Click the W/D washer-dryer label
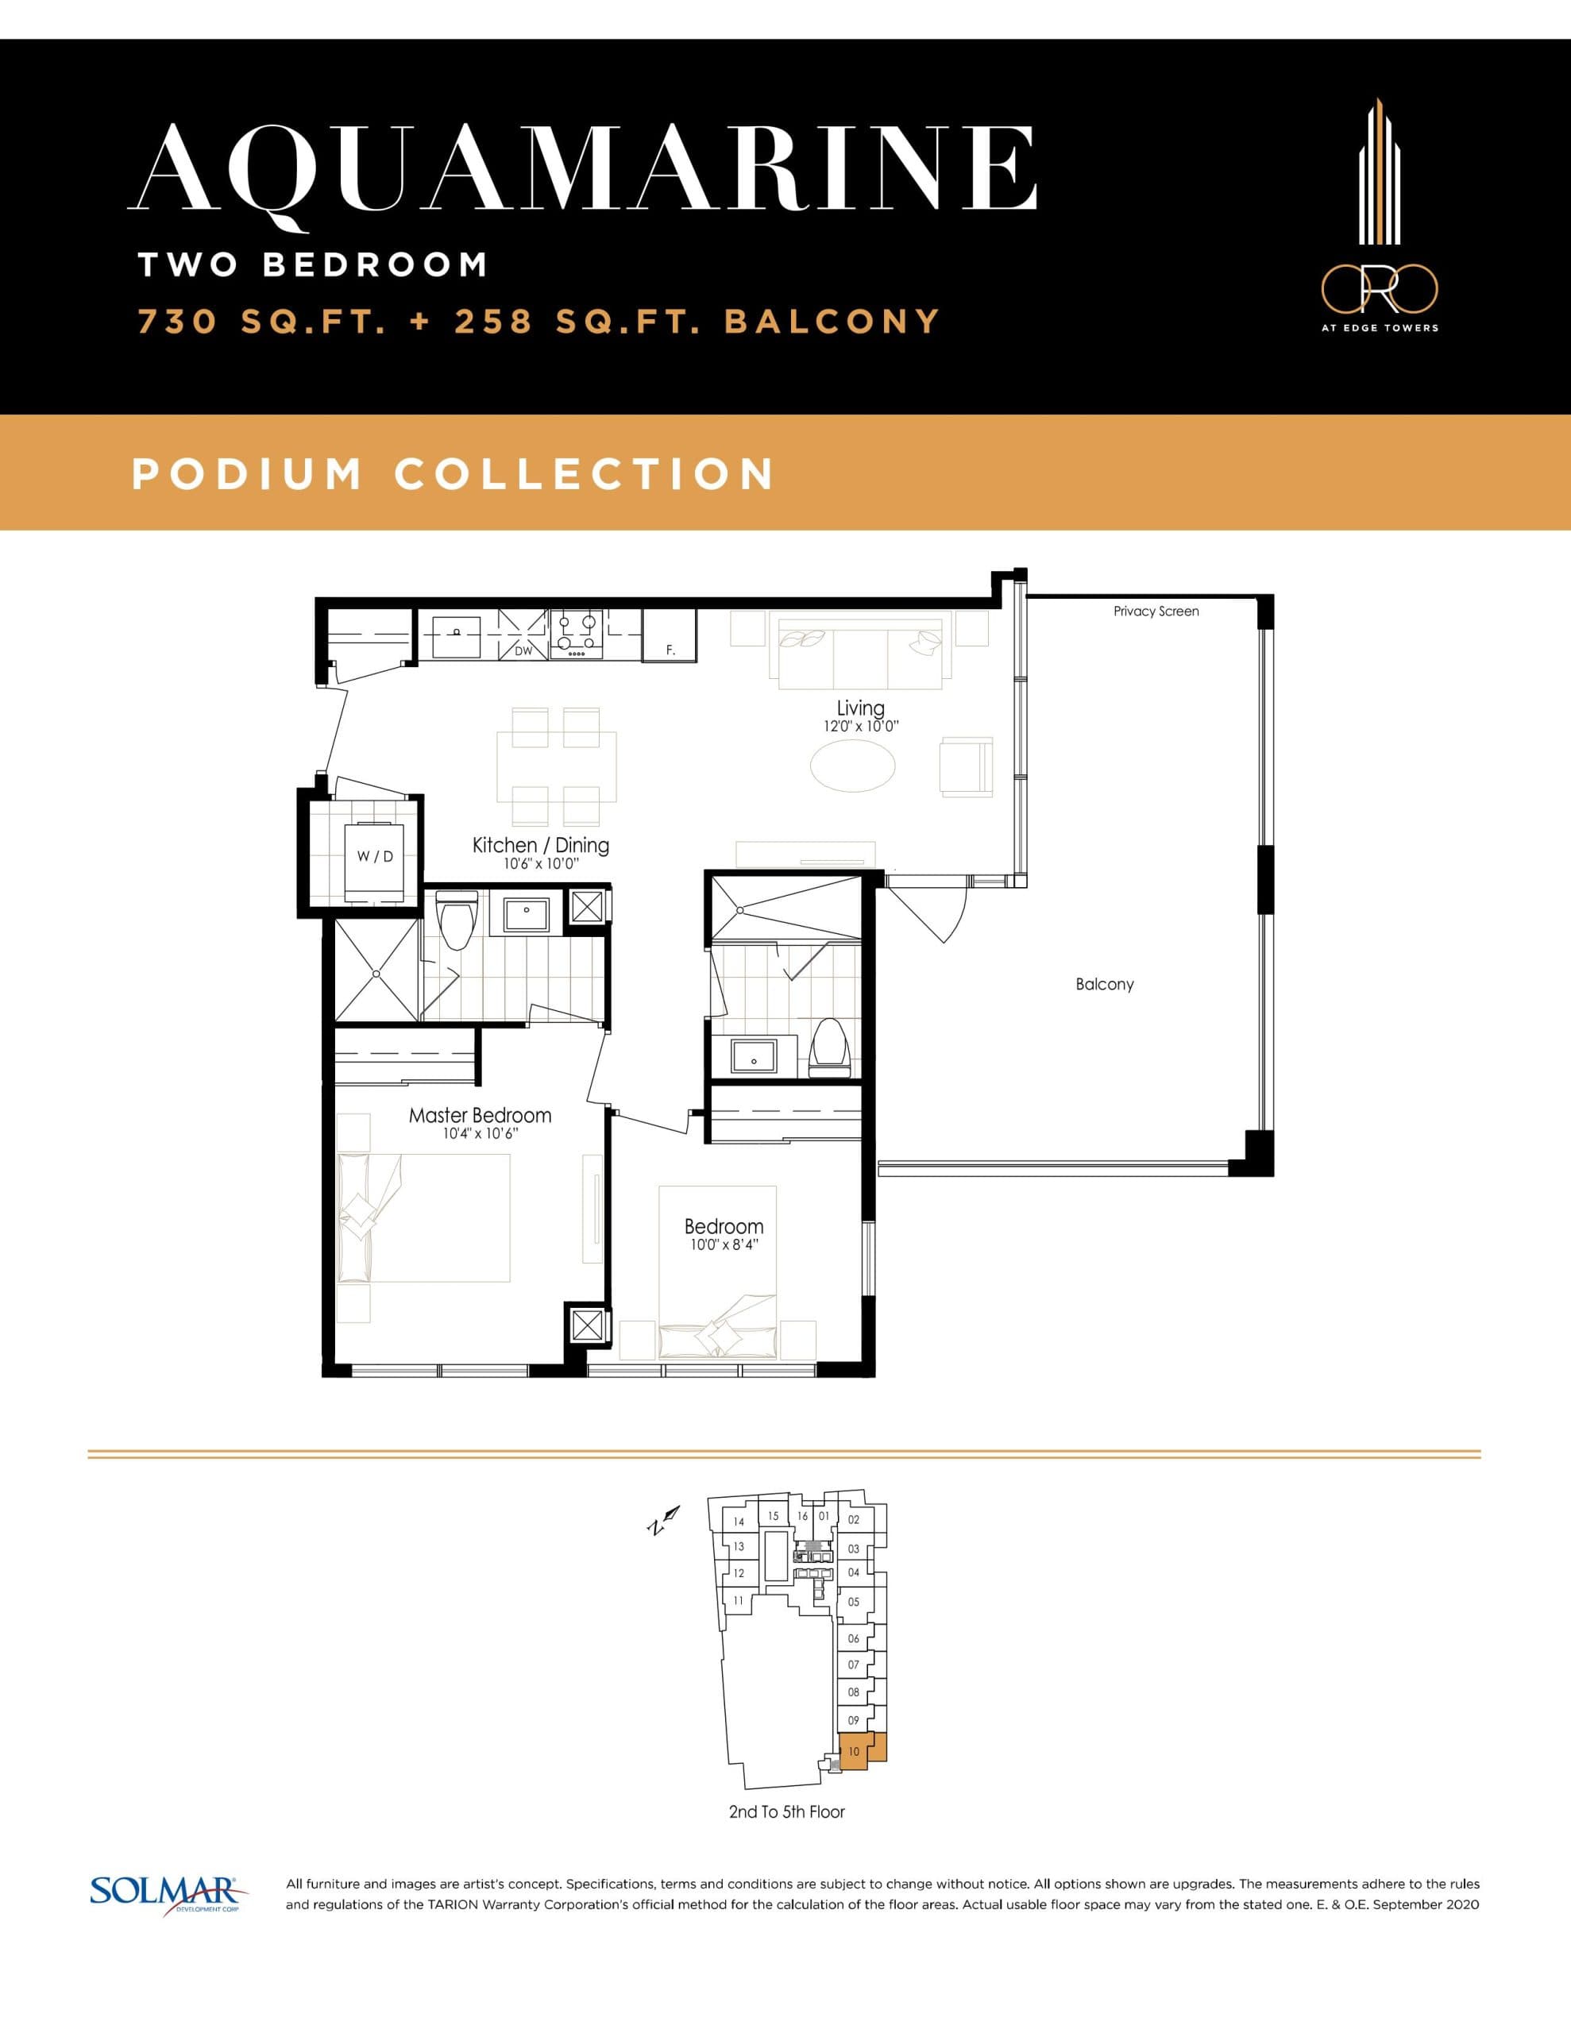(376, 856)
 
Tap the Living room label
(860, 708)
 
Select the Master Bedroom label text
(480, 1115)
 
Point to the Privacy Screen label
(1156, 611)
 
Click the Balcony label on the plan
(1105, 984)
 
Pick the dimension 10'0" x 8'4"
(724, 1244)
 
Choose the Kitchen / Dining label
(540, 845)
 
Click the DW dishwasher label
(523, 650)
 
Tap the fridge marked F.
(670, 636)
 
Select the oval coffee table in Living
(852, 766)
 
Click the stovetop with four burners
(577, 633)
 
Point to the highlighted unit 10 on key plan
(854, 1752)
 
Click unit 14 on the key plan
(739, 1522)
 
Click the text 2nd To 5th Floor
(787, 1811)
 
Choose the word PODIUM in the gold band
(247, 474)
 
